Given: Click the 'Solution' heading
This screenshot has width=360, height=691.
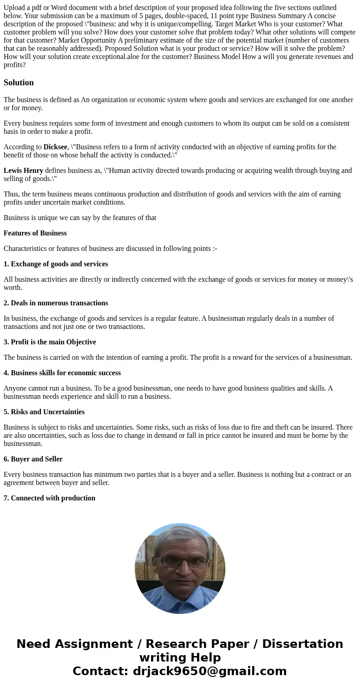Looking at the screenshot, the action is tap(19, 83).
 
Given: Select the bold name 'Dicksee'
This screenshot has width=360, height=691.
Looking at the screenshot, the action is tap(55, 147).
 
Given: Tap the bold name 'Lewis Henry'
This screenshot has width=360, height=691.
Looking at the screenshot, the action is tap(23, 171).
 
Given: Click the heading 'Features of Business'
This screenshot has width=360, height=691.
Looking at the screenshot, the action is tap(35, 233).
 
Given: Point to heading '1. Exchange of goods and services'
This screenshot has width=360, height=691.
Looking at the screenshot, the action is tap(56, 264).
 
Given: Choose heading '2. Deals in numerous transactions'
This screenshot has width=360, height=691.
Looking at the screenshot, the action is tap(56, 303).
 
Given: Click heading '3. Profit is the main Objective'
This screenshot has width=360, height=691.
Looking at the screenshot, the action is tap(50, 342).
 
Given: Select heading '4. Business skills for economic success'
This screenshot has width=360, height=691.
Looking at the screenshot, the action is tap(62, 373).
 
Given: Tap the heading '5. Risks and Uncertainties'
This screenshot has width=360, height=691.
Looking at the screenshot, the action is tap(44, 412).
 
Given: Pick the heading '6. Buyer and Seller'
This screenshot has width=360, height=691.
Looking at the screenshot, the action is tap(33, 459).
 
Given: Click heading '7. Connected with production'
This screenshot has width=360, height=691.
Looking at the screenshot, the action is tap(49, 498).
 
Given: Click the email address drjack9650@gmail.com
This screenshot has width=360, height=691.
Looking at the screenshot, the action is tap(209, 671).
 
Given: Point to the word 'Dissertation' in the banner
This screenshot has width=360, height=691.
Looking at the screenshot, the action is tap(302, 644).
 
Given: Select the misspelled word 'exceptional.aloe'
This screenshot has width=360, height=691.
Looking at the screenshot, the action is tap(122, 57).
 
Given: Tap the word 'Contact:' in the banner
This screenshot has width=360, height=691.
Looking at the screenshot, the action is tap(100, 671).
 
